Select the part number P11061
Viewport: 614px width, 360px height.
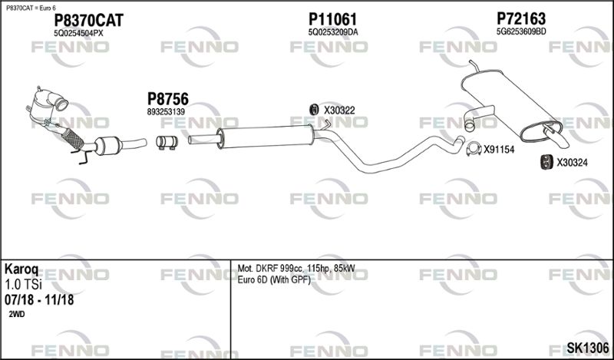pyautogui.click(x=332, y=19)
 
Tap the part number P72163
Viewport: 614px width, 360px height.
pyautogui.click(x=520, y=18)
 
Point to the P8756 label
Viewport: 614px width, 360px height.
pyautogui.click(x=167, y=99)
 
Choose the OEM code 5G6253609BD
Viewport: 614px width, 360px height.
pyautogui.click(x=520, y=32)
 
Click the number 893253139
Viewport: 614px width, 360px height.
pyautogui.click(x=167, y=112)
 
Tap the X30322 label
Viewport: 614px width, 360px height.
pyautogui.click(x=338, y=111)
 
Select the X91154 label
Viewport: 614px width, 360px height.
pyautogui.click(x=498, y=150)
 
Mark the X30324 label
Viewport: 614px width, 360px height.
pyautogui.click(x=572, y=162)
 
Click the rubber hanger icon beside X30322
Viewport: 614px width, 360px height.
pyautogui.click(x=314, y=111)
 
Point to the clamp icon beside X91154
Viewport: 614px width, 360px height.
pyautogui.click(x=473, y=149)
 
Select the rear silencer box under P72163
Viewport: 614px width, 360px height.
pyautogui.click(x=506, y=108)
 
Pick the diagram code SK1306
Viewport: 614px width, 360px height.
pyautogui.click(x=587, y=348)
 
